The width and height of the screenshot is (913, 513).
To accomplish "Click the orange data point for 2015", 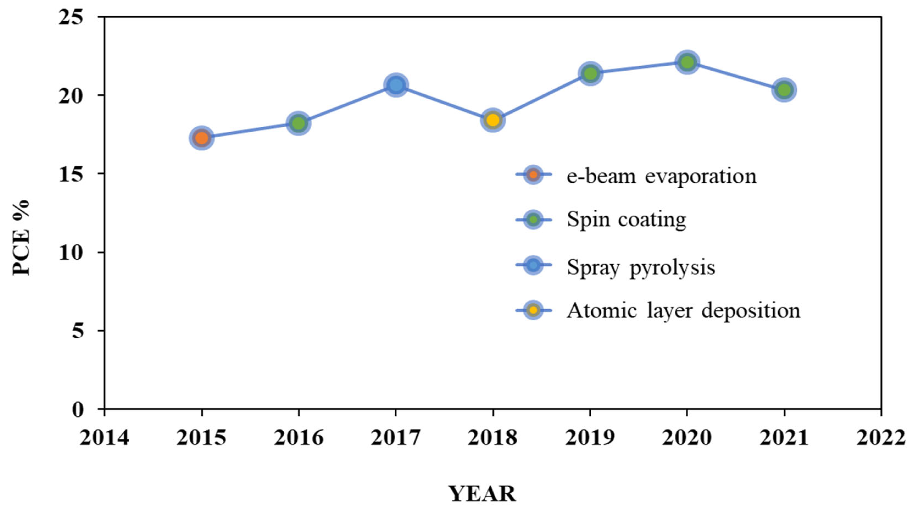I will [202, 138].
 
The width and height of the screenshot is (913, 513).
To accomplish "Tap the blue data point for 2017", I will [396, 85].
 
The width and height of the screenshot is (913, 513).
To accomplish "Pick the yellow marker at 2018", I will [493, 120].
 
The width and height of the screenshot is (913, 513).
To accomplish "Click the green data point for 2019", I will [590, 73].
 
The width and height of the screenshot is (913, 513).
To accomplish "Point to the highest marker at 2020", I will [687, 62].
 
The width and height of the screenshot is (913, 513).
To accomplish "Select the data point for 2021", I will [784, 90].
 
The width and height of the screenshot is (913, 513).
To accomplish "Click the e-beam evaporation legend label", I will [661, 176].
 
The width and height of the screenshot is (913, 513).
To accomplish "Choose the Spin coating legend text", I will [626, 220].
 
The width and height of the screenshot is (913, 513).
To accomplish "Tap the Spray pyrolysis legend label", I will [641, 267].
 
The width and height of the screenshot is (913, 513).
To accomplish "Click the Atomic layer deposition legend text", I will [683, 311].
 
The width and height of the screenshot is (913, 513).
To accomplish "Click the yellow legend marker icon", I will [534, 310].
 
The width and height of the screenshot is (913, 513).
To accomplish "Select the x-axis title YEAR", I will [483, 494].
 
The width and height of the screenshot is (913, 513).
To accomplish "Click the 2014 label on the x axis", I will [104, 438].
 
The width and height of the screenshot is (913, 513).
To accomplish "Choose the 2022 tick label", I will [880, 438].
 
